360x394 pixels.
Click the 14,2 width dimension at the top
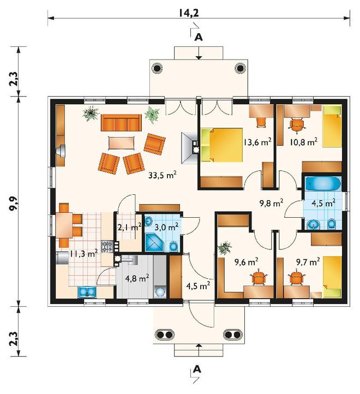189,13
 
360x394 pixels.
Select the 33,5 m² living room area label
163,175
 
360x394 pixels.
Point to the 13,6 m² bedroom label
257,142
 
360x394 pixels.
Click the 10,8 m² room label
303,142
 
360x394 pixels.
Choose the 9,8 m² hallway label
271,203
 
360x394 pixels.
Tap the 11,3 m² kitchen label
83,254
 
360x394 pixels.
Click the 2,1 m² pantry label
129,227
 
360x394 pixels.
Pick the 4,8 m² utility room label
137,278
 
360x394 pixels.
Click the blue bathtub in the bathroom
323,184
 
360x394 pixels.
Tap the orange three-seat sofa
121,123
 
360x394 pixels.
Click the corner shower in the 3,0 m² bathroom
154,242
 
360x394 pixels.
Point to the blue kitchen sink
87,292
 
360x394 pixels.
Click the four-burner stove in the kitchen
107,246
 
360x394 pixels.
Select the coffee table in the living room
121,143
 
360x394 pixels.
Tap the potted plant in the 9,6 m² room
225,248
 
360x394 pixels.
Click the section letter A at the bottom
197,369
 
